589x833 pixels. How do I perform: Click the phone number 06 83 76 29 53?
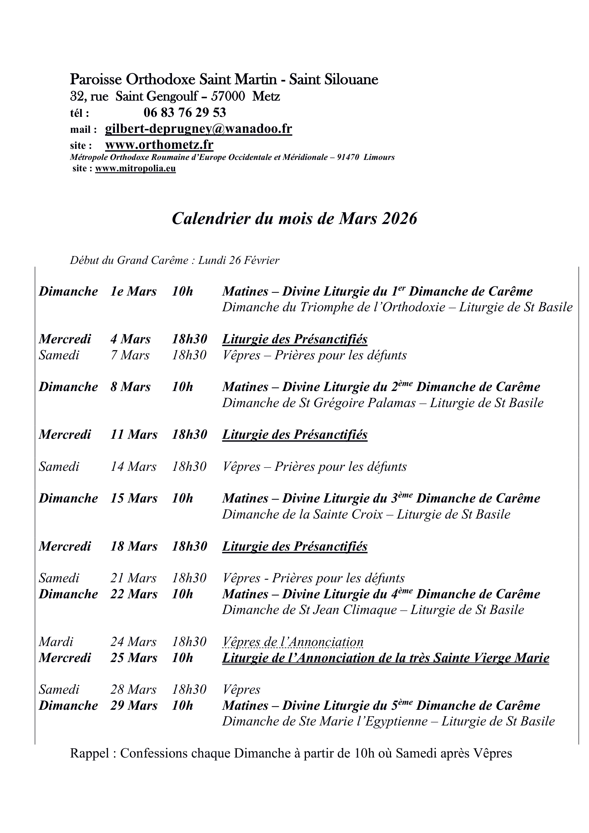pos(184,113)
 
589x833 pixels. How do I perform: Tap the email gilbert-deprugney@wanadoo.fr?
pos(198,129)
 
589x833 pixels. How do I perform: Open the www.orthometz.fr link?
pos(159,145)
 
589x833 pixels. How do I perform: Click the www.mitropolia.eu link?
pos(135,169)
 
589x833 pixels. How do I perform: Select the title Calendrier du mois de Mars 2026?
pos(294,218)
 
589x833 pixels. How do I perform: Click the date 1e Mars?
pos(134,292)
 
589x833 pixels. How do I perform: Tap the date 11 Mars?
pos(134,434)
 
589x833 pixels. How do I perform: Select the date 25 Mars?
pos(134,658)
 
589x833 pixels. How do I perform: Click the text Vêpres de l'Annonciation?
pos(293,642)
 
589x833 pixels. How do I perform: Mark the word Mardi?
pos(56,642)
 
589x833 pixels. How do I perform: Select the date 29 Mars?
pos(134,706)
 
